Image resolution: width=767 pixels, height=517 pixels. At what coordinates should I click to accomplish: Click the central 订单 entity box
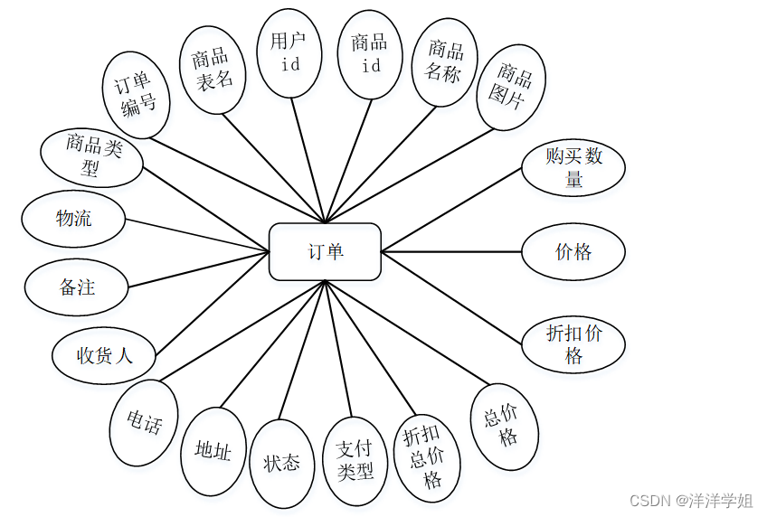[x=326, y=251]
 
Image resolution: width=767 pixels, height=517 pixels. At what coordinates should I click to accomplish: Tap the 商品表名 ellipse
[x=213, y=70]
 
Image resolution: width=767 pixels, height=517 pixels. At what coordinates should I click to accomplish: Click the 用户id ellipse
[x=289, y=52]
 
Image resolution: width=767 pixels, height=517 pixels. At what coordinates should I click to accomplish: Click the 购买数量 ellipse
[x=573, y=167]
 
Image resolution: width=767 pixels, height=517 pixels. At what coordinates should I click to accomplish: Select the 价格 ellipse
[x=573, y=251]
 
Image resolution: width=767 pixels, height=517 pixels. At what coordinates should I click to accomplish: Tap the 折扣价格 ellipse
[x=573, y=344]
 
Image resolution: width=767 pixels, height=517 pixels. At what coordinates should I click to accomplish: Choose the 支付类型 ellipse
[x=355, y=461]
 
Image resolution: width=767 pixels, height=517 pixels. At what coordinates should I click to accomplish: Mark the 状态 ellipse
[x=281, y=463]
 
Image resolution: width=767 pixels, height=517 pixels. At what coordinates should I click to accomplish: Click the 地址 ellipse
[x=213, y=451]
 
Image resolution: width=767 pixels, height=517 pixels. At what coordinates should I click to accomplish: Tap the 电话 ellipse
[x=145, y=422]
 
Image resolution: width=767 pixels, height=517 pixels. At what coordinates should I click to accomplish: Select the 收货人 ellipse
[x=105, y=355]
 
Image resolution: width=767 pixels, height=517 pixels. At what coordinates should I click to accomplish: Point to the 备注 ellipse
[x=78, y=288]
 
